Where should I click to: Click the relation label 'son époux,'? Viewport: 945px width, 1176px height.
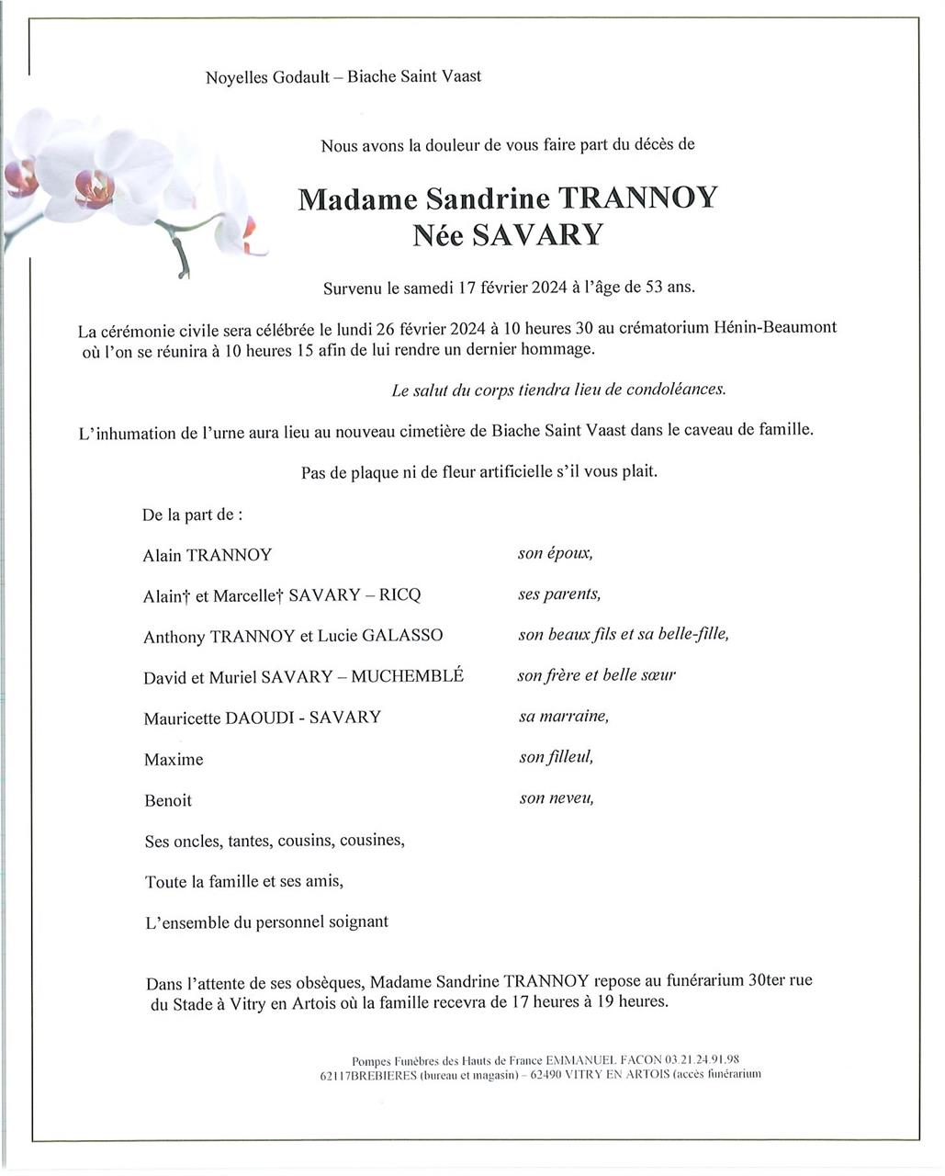point(556,553)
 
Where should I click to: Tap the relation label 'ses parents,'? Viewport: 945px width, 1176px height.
point(559,594)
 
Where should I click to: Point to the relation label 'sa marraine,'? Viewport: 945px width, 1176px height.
point(563,715)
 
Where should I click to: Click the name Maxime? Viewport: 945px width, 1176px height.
point(174,760)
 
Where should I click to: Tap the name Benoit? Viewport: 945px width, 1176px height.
point(168,800)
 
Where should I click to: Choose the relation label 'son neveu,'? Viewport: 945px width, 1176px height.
point(557,797)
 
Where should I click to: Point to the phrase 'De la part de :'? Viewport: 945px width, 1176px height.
point(193,514)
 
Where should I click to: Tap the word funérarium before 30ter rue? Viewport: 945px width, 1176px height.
point(698,980)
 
